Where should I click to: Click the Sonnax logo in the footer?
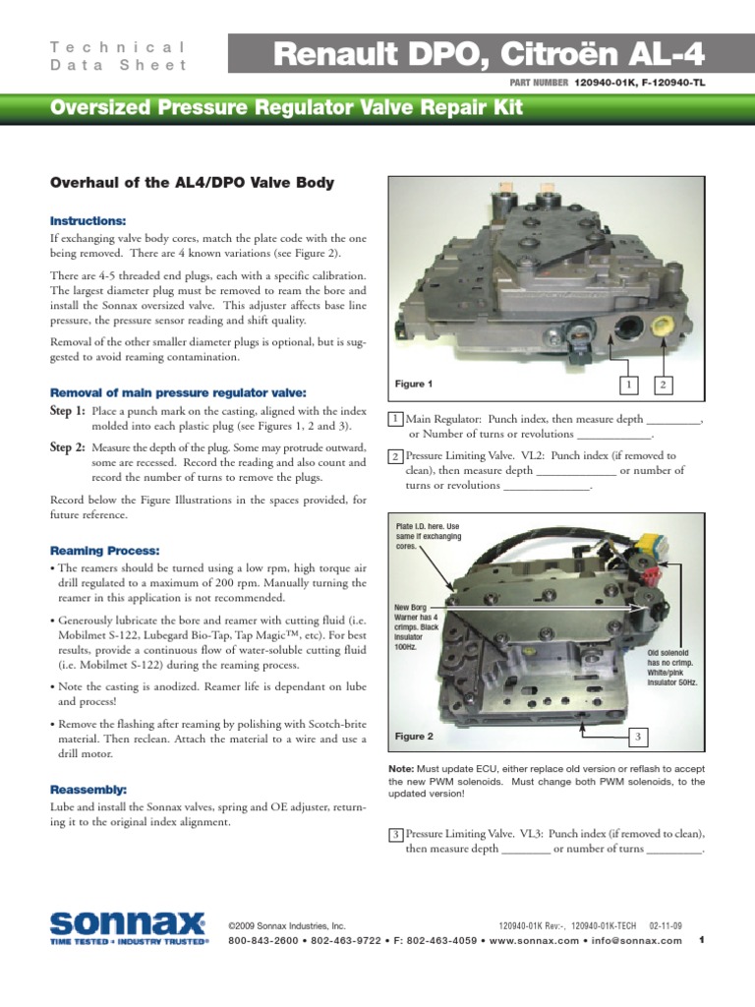tap(129, 927)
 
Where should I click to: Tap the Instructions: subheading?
tap(88, 220)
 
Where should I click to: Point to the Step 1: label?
tap(68, 410)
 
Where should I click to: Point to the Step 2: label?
tap(68, 447)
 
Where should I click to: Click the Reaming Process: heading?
tap(104, 551)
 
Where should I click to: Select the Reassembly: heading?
tap(89, 790)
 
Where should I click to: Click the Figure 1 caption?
tap(414, 384)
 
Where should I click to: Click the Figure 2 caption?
tap(414, 736)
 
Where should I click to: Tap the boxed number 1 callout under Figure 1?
tap(628, 384)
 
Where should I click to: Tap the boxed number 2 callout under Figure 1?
tap(664, 384)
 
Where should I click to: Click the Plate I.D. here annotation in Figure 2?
tap(428, 537)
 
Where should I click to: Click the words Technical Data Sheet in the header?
tap(117, 56)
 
